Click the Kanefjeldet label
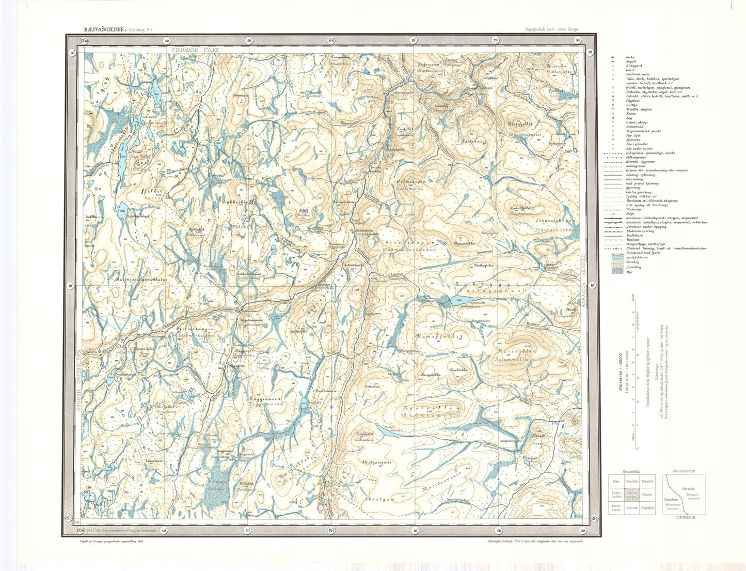(440, 336)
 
